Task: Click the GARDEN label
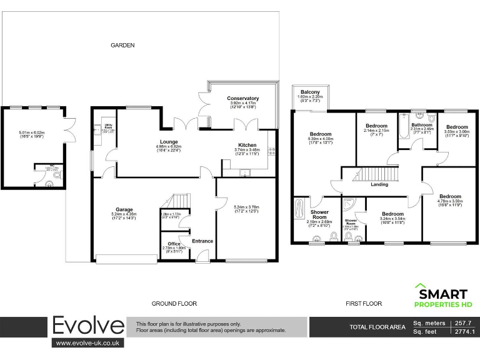pos(122,45)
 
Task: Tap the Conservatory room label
pos(243,99)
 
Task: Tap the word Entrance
pos(202,241)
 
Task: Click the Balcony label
pos(311,92)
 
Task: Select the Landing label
pos(379,184)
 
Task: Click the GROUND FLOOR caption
pos(174,304)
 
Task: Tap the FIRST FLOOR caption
pos(364,304)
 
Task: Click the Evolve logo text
pos(87,326)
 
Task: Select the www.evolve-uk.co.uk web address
pos(87,343)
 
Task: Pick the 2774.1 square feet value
pos(463,332)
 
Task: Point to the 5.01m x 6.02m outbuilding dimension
pos(33,133)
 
